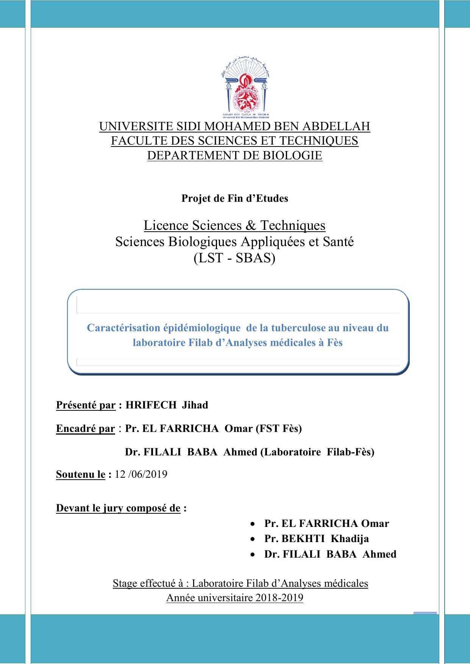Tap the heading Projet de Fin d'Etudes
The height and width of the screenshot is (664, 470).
[235, 198]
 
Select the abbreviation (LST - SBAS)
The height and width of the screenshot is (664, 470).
[234, 258]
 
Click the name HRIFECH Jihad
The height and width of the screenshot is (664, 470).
[167, 405]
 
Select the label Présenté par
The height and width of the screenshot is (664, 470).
[86, 405]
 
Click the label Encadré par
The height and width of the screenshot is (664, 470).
[85, 429]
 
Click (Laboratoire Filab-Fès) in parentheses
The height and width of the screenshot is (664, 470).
[317, 452]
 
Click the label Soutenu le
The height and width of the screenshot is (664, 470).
[80, 474]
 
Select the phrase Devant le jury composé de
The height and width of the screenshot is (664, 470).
[118, 508]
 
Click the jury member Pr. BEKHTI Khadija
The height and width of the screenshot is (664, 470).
[317, 539]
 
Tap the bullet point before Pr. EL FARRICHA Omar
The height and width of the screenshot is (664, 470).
[253, 524]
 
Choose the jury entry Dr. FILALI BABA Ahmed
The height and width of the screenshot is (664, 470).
[330, 554]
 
